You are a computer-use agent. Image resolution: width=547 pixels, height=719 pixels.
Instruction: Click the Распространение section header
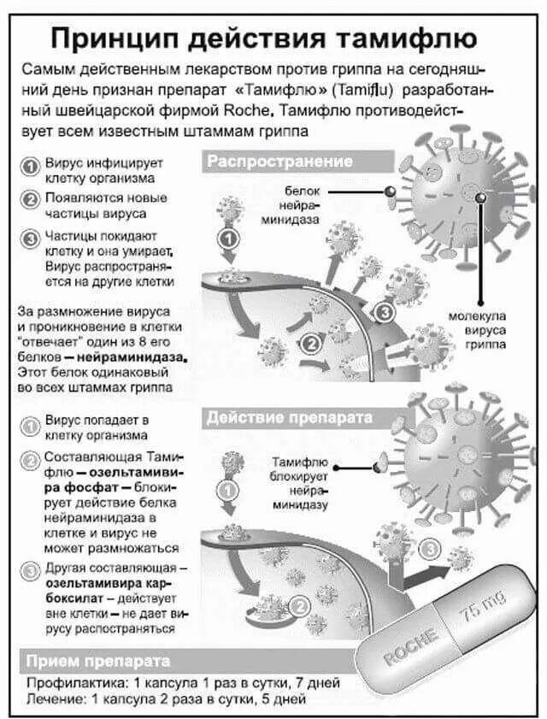pyautogui.click(x=279, y=162)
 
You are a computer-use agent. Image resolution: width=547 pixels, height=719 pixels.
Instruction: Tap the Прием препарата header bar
pyautogui.click(x=98, y=662)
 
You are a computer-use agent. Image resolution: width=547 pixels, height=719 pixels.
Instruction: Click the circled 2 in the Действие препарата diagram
pyautogui.click(x=299, y=605)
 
